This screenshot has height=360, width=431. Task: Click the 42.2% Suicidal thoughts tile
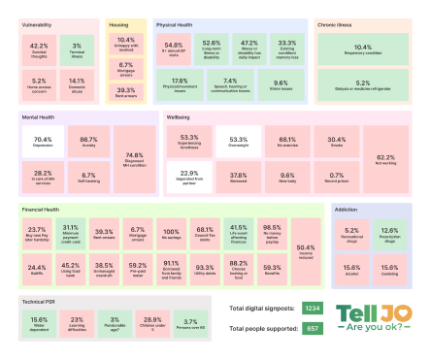[x=40, y=48]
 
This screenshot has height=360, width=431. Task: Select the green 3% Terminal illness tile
[x=77, y=48]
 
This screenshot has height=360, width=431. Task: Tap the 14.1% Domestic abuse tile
[x=77, y=83]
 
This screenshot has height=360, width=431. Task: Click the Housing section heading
[x=119, y=25]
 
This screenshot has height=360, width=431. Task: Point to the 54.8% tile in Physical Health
[x=175, y=47]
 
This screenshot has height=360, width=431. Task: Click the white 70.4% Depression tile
[x=42, y=142]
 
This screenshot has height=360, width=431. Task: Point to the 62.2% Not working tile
[x=385, y=159]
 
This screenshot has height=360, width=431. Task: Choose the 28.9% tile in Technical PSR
[x=152, y=321]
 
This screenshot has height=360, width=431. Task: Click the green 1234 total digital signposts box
[x=312, y=309]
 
